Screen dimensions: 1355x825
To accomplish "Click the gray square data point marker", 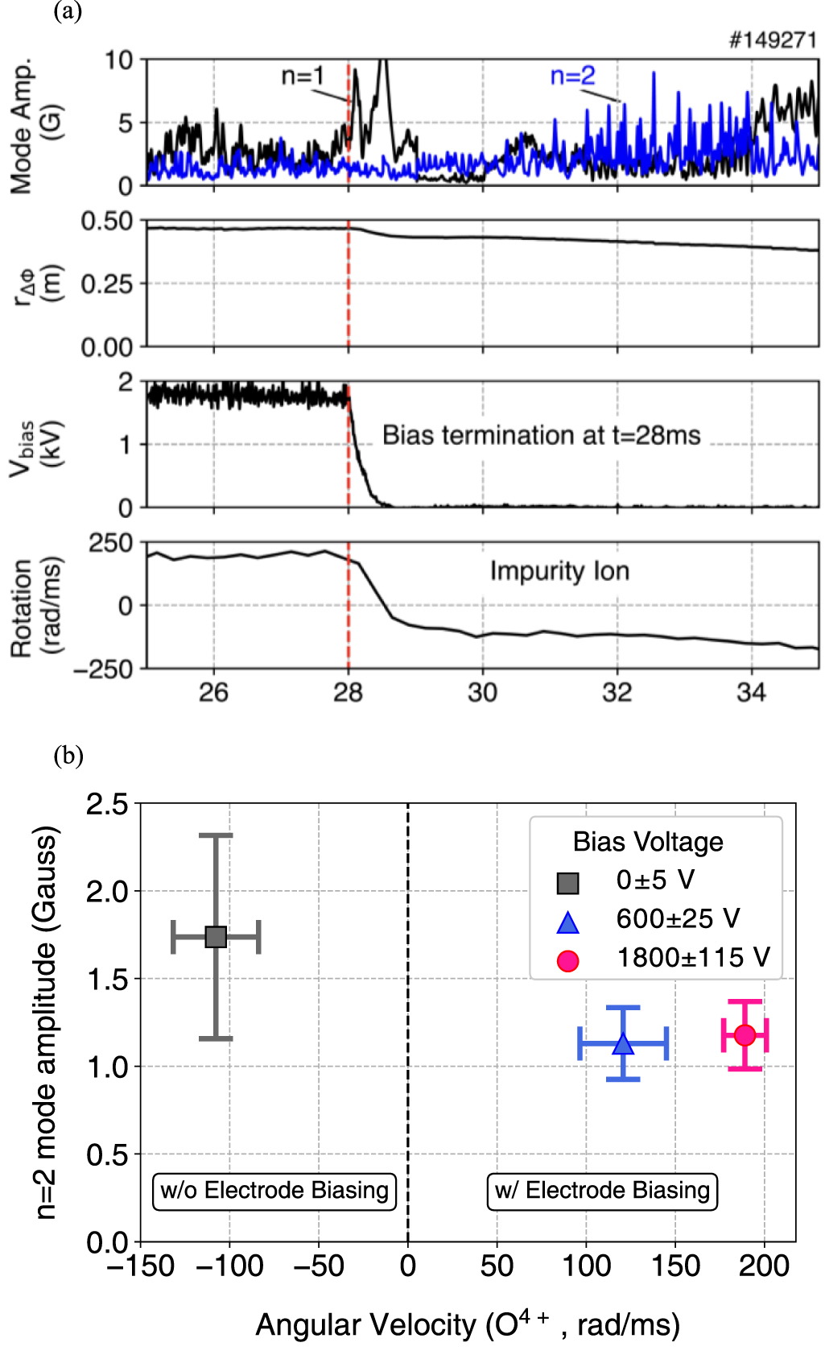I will [216, 937].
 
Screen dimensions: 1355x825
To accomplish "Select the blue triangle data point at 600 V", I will [623, 1044].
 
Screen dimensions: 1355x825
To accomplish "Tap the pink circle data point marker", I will [745, 1035].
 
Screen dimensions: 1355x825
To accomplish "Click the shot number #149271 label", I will [772, 40].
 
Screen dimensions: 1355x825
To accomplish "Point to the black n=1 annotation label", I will [303, 77].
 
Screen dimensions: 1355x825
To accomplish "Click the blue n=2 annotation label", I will [572, 77].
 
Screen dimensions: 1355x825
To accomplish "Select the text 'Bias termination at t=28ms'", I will [541, 435].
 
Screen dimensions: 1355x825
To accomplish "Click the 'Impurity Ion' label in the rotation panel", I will [559, 571].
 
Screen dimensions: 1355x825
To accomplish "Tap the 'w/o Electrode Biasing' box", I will [274, 1191].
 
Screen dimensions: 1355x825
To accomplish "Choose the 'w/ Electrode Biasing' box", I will [602, 1191].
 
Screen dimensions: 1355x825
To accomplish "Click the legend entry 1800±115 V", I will [692, 958].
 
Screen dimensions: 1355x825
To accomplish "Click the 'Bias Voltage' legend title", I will [648, 842].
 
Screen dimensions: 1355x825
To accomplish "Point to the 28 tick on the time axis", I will [348, 693].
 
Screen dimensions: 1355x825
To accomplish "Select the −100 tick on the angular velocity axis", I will [229, 1266].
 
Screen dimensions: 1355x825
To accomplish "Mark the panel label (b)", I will [68, 756].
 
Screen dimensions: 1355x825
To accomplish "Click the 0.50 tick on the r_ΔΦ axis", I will [107, 221].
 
